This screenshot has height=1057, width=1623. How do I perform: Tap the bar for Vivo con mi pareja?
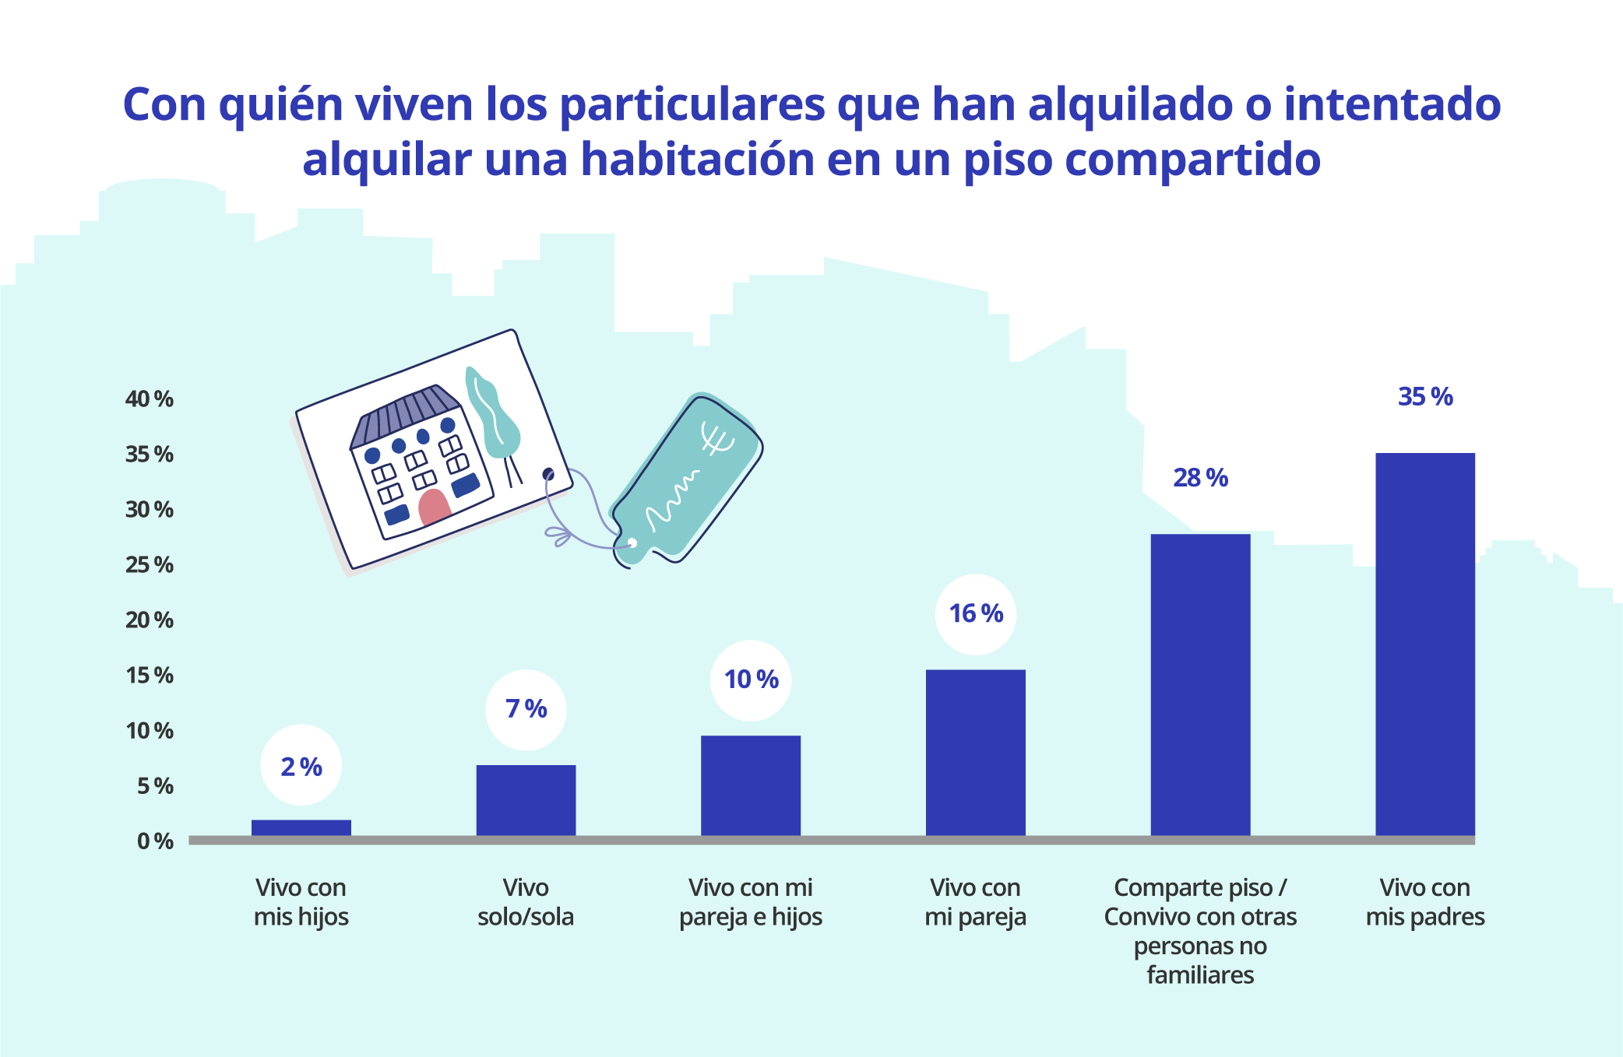(x=975, y=753)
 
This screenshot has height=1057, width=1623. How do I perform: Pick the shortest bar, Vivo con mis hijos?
(x=301, y=827)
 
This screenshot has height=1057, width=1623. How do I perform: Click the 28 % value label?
(x=1200, y=477)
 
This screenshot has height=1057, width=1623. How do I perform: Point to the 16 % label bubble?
(x=975, y=613)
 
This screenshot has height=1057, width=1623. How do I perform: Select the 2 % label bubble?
(x=301, y=767)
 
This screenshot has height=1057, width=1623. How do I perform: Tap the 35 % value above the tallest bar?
(x=1424, y=397)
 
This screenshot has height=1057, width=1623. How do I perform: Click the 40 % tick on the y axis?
(x=150, y=399)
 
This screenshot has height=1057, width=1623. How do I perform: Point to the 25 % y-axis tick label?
(x=150, y=564)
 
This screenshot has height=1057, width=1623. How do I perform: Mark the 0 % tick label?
(x=155, y=841)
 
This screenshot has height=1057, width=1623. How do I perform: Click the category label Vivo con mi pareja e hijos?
(x=750, y=902)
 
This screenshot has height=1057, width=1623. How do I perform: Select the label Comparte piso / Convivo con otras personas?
(x=1200, y=930)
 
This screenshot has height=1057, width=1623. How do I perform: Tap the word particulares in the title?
(x=692, y=105)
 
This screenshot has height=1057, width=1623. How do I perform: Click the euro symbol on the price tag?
(x=716, y=439)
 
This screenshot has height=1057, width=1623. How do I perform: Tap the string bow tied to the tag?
(x=559, y=536)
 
